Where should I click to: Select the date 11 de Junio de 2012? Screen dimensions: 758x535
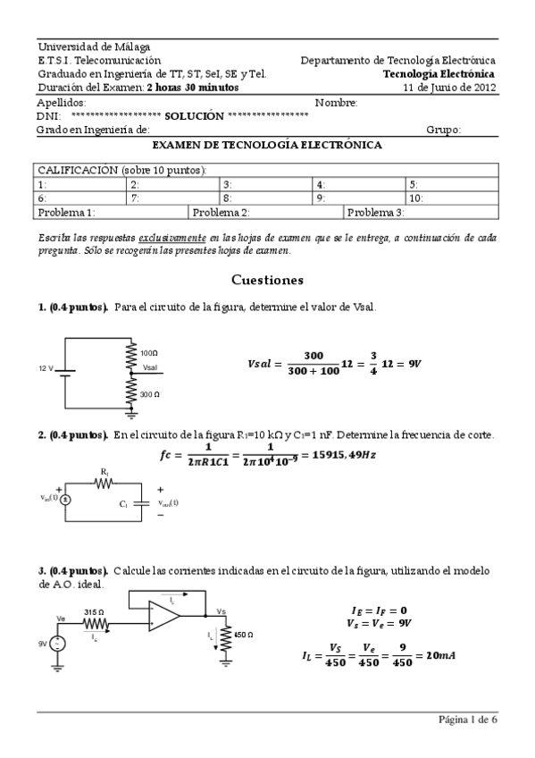tap(449, 88)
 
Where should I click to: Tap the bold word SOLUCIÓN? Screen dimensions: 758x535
tap(195, 115)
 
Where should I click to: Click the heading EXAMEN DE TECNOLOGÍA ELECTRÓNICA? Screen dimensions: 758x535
tap(267, 145)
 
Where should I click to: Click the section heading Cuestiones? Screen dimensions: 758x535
tap(267, 280)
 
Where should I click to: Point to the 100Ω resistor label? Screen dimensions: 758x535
tap(149, 353)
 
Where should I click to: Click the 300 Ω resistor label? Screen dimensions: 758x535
tap(150, 393)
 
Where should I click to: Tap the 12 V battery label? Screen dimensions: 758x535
tap(46, 368)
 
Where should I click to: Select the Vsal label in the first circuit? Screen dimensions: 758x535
tap(152, 366)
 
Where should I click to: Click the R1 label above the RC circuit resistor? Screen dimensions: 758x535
tap(104, 470)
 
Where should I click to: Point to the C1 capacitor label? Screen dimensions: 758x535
tap(124, 505)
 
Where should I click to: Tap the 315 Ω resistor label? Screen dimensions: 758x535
tap(94, 612)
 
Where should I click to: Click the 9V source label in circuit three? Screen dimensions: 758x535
tap(41, 643)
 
